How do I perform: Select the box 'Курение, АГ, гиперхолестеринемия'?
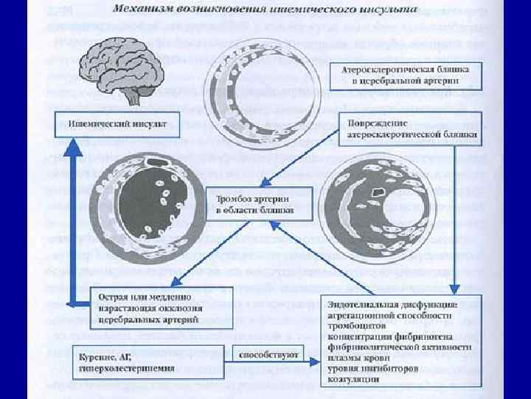click(x=130, y=360)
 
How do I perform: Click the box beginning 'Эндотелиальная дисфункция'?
click(x=400, y=341)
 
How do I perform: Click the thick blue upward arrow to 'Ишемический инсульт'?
click(x=72, y=222)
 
